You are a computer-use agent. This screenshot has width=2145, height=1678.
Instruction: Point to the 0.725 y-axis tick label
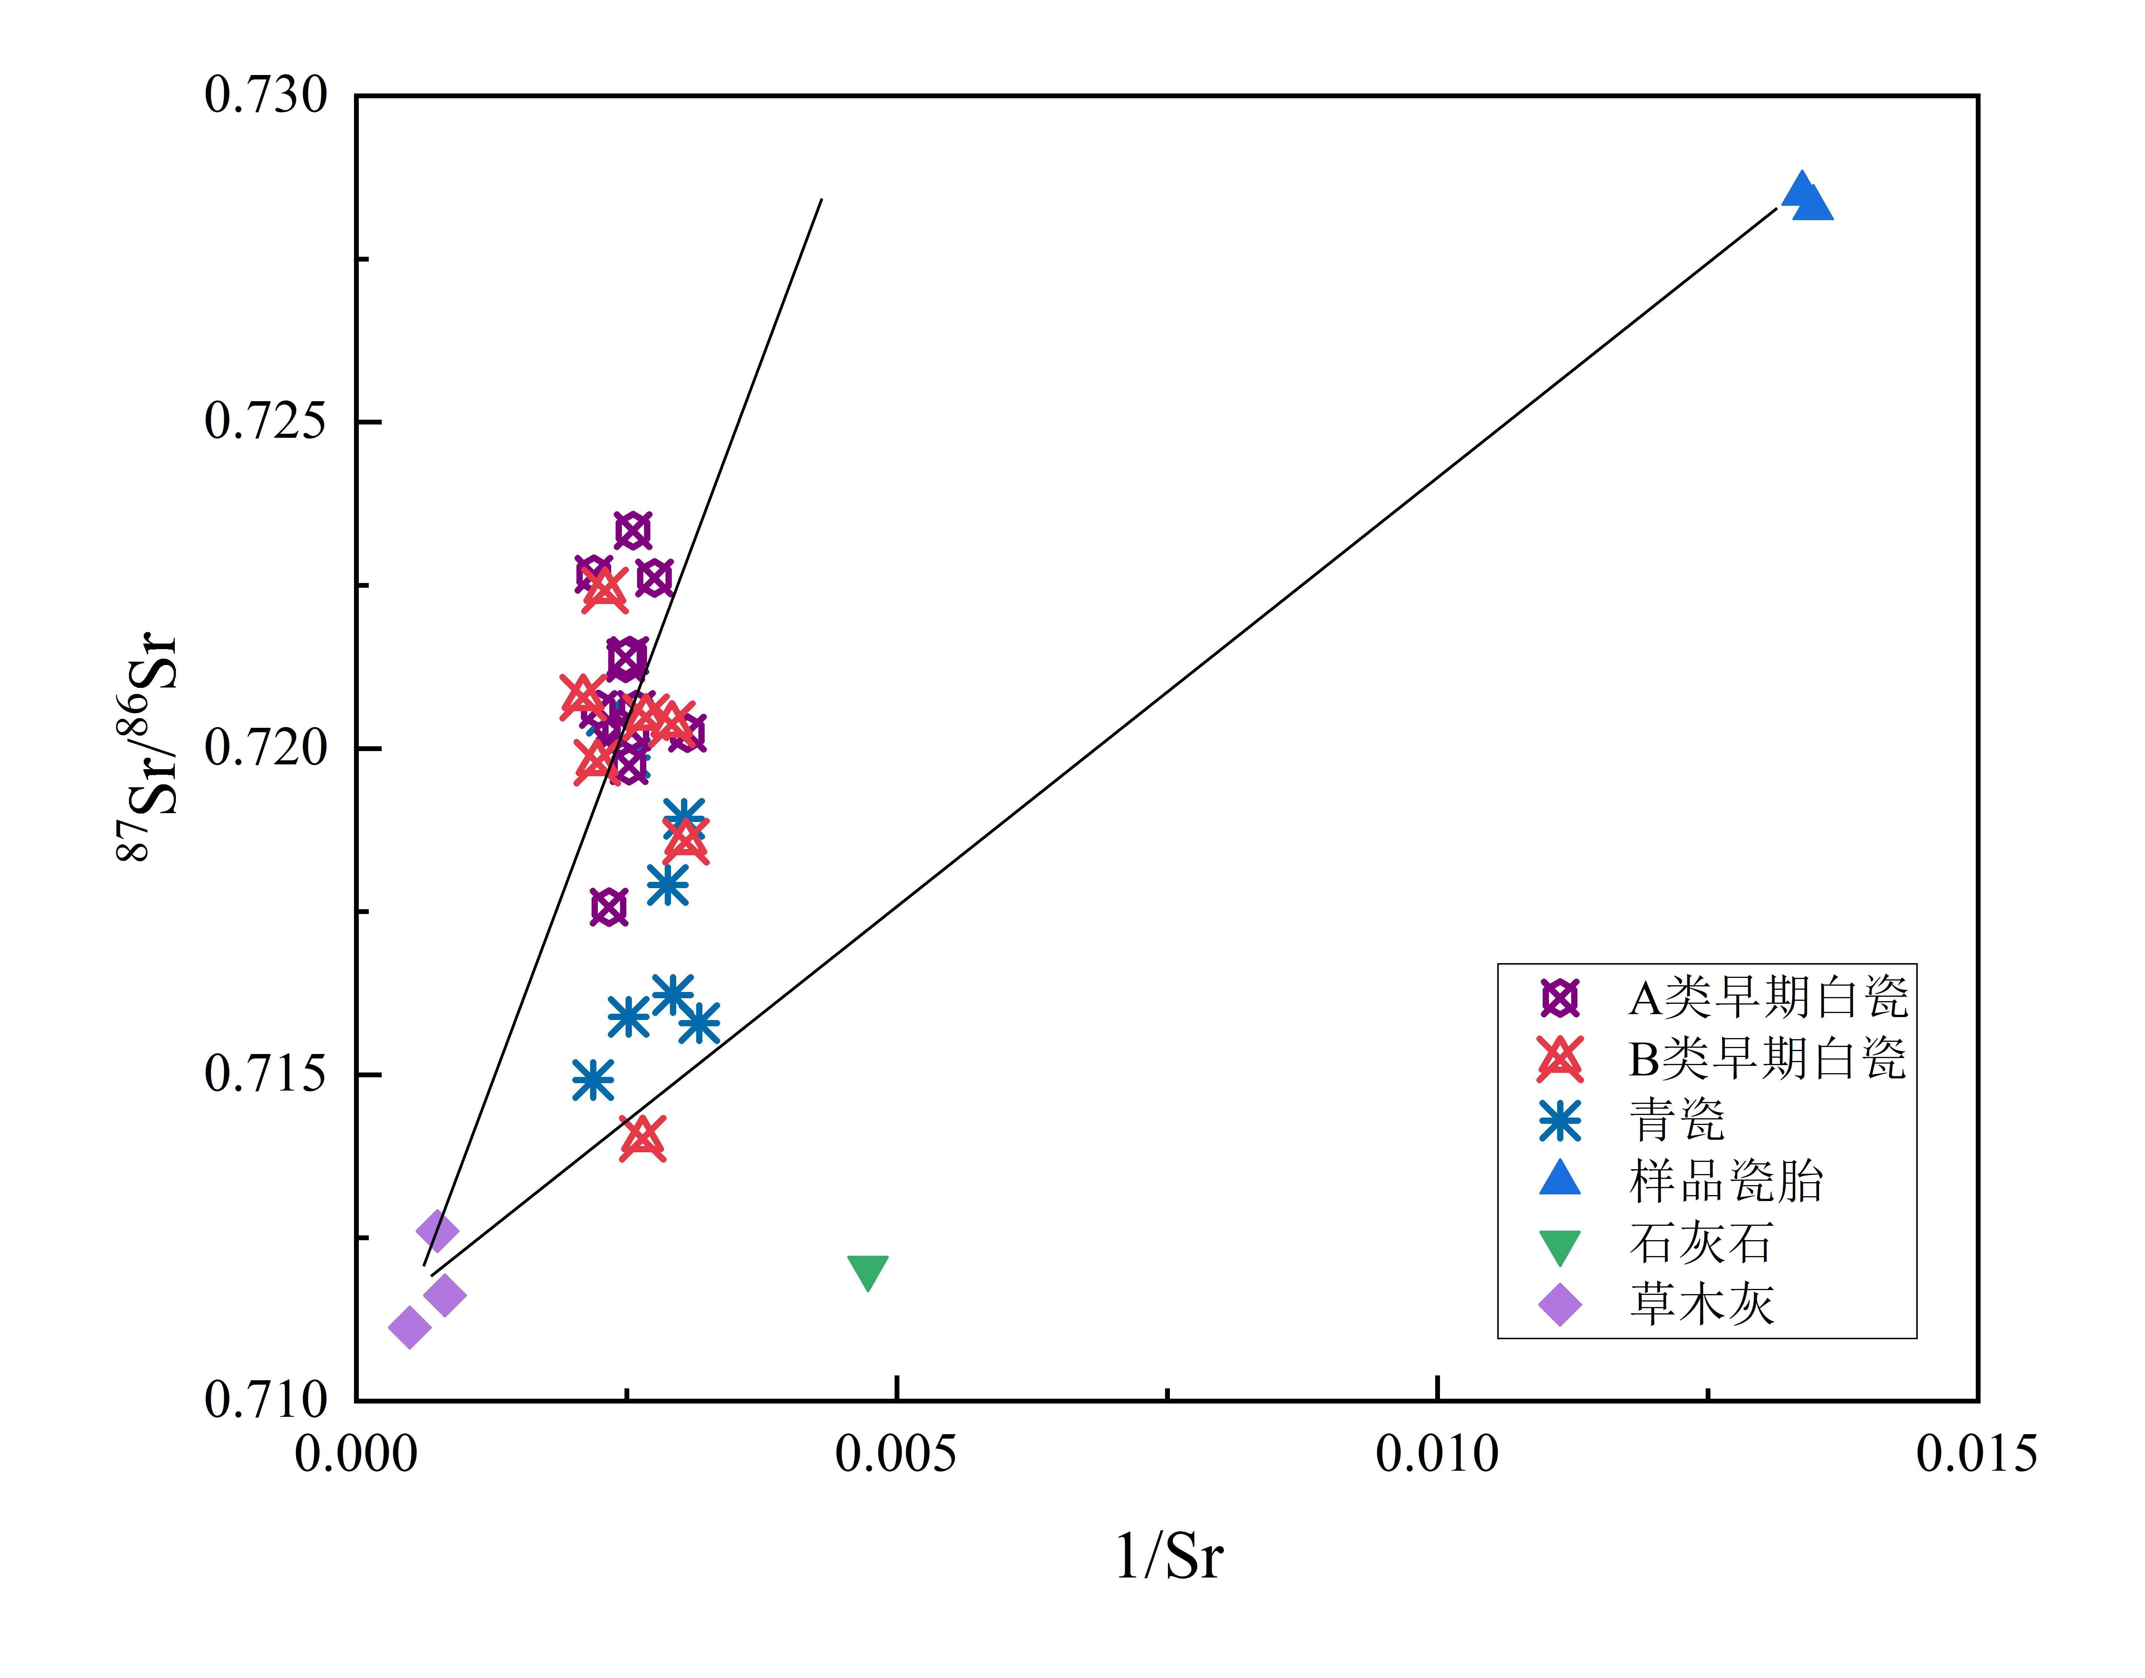click(265, 422)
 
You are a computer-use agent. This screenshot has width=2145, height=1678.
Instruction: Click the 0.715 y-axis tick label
click(265, 1074)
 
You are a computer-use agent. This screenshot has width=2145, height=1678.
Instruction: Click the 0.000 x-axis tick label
click(356, 1454)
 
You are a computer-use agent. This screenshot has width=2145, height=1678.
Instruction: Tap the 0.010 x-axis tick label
click(1437, 1454)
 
